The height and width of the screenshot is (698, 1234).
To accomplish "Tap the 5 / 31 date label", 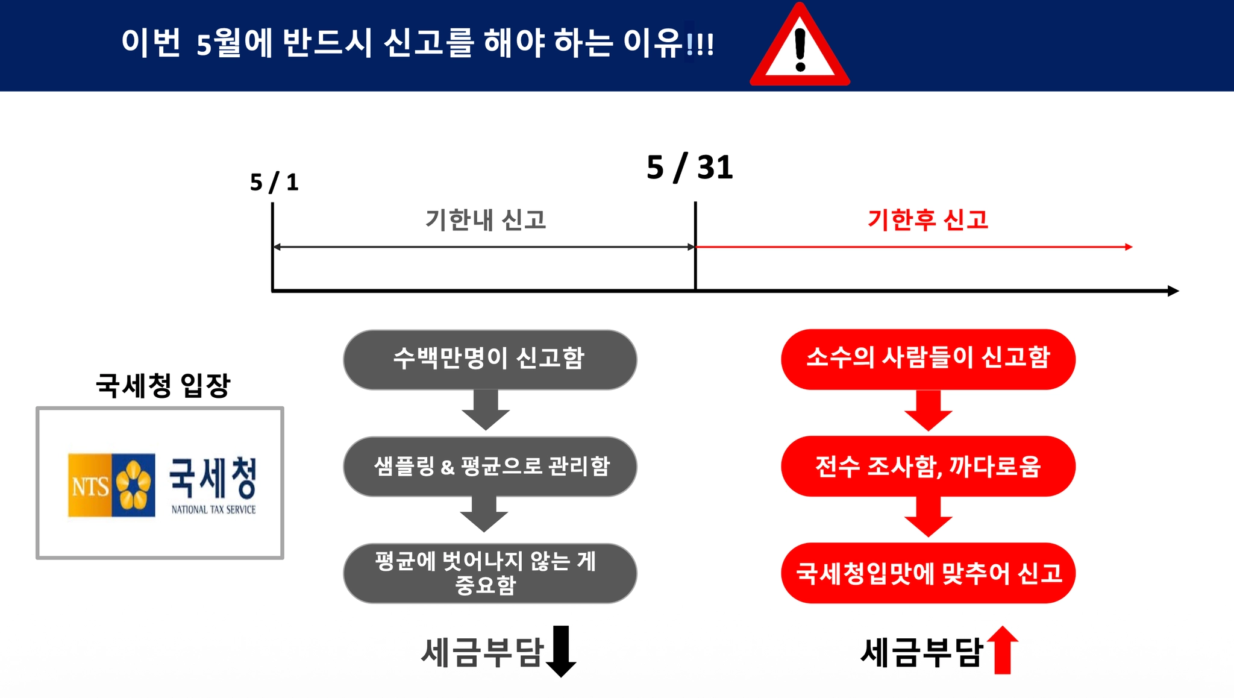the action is pyautogui.click(x=689, y=167).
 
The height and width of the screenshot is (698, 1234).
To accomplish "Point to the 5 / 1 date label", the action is pyautogui.click(x=274, y=182).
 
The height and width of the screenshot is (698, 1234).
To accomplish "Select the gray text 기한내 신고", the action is pyautogui.click(x=486, y=220).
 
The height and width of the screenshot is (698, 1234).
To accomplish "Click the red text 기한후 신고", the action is pyautogui.click(x=928, y=220).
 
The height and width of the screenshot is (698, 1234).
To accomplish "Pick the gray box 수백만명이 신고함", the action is pyautogui.click(x=489, y=359).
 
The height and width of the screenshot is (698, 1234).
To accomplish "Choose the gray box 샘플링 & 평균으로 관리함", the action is pyautogui.click(x=489, y=467).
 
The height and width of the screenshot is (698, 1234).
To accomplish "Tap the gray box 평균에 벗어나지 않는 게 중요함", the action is pyautogui.click(x=489, y=573).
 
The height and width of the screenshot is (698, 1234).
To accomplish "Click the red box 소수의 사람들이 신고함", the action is pyautogui.click(x=928, y=359).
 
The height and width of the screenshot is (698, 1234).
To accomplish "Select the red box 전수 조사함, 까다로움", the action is pyautogui.click(x=928, y=467).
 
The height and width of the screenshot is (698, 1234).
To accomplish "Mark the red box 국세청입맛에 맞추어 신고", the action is pyautogui.click(x=928, y=573).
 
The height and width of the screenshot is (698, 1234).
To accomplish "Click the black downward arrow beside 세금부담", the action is pyautogui.click(x=561, y=652).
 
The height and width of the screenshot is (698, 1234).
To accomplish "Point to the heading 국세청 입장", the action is pyautogui.click(x=163, y=386).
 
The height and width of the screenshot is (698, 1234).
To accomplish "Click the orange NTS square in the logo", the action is pyautogui.click(x=90, y=485).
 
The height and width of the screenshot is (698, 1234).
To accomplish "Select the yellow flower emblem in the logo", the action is pyautogui.click(x=134, y=485).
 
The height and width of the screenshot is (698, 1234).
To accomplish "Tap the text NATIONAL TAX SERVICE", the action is pyautogui.click(x=213, y=510).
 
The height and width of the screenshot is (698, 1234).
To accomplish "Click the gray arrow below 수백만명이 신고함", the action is pyautogui.click(x=486, y=410).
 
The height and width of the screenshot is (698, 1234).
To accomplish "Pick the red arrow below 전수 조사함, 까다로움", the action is pyautogui.click(x=928, y=517).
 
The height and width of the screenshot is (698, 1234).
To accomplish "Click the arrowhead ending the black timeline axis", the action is pyautogui.click(x=1173, y=291).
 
